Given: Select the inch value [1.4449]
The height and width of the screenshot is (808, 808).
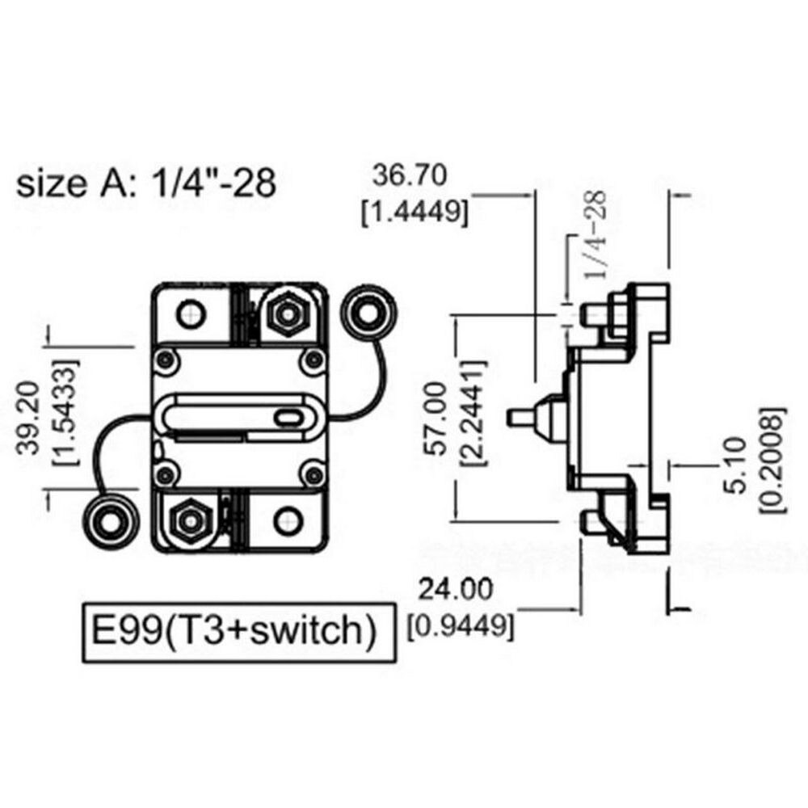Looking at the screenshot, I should tap(414, 213).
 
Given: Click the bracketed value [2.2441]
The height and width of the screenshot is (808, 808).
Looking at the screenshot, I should tap(472, 419).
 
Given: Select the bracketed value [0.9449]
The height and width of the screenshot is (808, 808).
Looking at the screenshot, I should tap(461, 625).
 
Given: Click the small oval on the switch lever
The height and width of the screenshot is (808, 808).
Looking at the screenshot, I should tap(286, 417).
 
